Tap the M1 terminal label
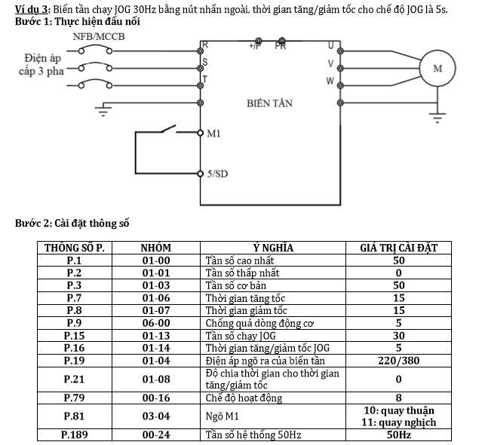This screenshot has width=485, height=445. pos(213,134)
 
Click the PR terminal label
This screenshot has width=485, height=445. pos(281,46)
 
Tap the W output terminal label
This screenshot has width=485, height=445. pos(330,80)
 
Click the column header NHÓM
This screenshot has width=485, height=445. pos(156,248)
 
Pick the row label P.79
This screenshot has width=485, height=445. pos(74,397)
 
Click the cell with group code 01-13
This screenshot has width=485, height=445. pos(156,336)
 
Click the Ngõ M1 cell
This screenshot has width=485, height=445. pos(219,416)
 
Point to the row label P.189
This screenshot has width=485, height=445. pos(74,434)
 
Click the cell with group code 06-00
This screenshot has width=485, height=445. pos(156,323)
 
